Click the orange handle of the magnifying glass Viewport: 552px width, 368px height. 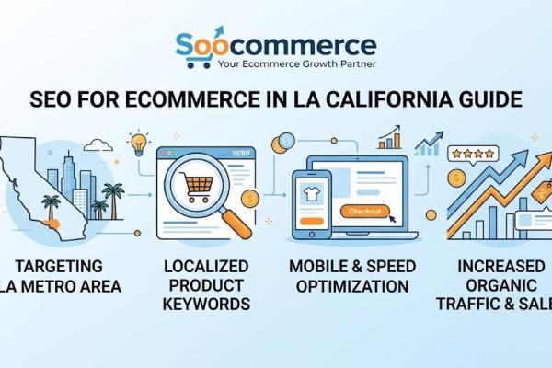click(238, 220)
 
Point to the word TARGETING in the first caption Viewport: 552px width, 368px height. click(62, 269)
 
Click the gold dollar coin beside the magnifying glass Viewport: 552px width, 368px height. click(250, 198)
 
